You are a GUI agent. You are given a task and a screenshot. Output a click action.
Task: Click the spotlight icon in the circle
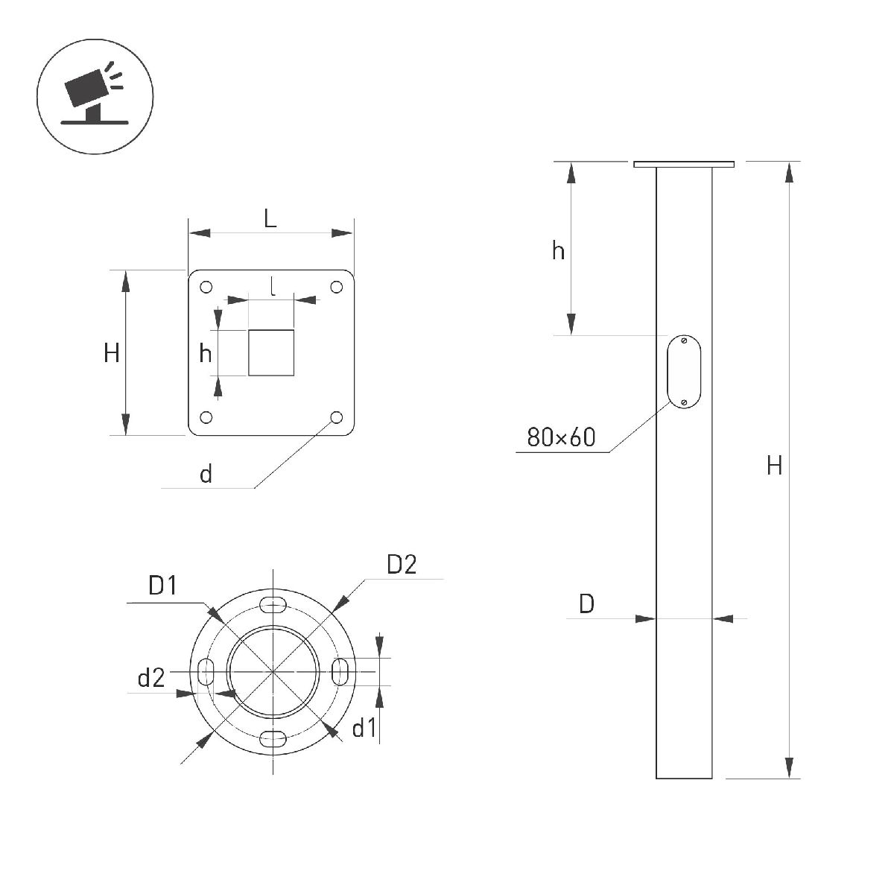click(95, 97)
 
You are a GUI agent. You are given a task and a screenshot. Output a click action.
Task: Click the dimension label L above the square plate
click(270, 219)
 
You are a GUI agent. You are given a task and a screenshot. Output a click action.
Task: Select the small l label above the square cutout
click(273, 286)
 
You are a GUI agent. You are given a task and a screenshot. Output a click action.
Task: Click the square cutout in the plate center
click(271, 352)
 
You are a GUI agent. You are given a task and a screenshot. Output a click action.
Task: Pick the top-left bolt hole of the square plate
click(206, 288)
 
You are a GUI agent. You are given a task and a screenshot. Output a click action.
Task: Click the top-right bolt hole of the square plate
click(337, 288)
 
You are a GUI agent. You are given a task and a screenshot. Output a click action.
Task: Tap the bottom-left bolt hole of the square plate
click(206, 417)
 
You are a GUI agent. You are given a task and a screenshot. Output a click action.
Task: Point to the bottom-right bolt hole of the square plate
click(337, 417)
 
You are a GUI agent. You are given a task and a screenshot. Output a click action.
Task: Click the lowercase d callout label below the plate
click(206, 474)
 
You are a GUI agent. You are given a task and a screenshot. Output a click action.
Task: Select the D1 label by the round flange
click(162, 586)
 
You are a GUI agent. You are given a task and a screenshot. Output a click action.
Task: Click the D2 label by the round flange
click(402, 565)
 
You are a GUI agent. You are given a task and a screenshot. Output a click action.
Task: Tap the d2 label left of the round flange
click(150, 678)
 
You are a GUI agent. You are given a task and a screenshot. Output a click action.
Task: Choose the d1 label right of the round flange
click(365, 728)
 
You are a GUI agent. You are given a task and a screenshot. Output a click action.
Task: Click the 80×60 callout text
click(561, 437)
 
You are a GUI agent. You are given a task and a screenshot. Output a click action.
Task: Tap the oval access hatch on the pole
click(684, 372)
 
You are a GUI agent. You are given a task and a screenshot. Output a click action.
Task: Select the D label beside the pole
click(587, 604)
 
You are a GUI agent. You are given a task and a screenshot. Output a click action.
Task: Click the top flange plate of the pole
click(684, 164)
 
